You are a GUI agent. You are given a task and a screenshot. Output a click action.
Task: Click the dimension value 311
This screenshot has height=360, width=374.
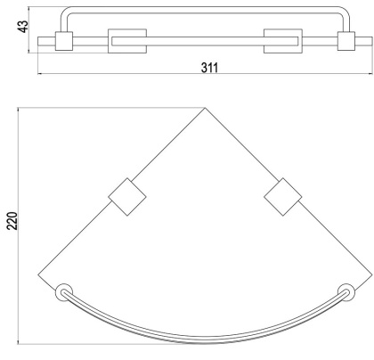pos(209,68)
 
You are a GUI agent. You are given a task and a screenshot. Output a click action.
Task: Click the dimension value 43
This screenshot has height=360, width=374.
pos(23,26)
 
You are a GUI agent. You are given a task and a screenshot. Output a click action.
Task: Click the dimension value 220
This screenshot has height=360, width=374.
pos(12,221)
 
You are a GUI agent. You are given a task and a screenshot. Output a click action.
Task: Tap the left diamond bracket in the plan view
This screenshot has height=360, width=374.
pos(127,197)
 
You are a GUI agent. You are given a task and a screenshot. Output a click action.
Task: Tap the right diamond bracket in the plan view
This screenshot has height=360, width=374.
pos(283,197)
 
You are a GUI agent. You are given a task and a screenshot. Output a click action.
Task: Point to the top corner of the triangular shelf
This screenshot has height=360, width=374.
pos(205,108)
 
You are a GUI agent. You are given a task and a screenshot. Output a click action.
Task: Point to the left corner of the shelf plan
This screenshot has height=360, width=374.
pos(38,275)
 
